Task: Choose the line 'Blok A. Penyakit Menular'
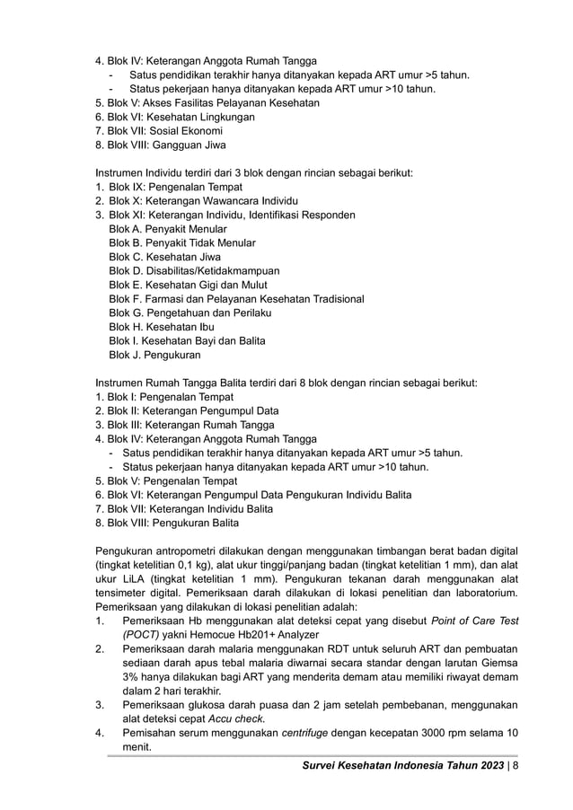pyautogui.click(x=167, y=229)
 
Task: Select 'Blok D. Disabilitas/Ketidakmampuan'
pyautogui.click(x=194, y=270)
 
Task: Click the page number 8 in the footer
pyautogui.click(x=515, y=765)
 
